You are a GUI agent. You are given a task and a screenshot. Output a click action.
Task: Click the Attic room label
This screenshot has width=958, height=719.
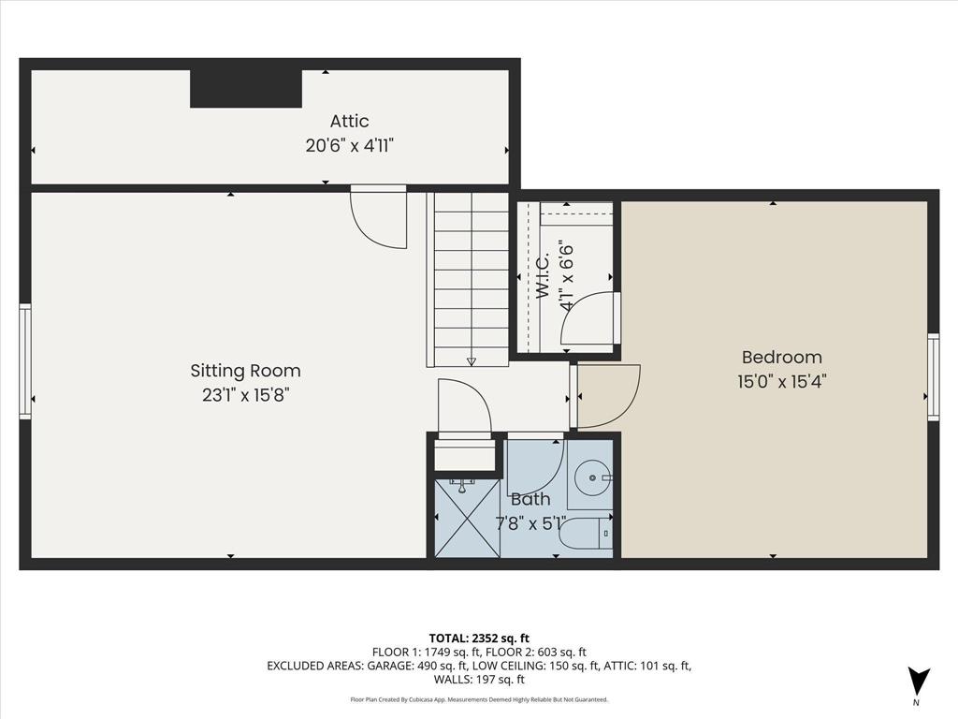(x=349, y=121)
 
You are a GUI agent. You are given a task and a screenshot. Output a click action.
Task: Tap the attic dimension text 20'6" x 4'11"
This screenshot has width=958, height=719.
(x=349, y=145)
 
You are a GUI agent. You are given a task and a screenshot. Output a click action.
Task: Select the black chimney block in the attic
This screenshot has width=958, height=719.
(x=246, y=88)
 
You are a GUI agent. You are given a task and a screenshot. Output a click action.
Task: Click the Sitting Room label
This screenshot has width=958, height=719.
(x=245, y=371)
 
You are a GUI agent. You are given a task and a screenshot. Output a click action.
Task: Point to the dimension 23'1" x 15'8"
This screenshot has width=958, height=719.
(x=245, y=395)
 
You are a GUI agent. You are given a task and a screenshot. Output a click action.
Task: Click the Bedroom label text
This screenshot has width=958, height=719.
(x=781, y=357)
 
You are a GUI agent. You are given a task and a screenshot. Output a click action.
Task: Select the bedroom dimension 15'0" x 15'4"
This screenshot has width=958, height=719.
(x=781, y=381)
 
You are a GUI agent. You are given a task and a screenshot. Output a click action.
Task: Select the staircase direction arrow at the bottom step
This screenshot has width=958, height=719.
(x=471, y=360)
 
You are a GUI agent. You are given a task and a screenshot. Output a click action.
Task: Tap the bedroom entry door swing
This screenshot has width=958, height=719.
(x=606, y=393)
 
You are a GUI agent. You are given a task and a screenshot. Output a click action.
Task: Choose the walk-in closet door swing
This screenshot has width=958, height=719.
(x=589, y=318)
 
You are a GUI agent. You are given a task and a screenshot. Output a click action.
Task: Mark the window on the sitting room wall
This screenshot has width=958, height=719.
(x=25, y=360)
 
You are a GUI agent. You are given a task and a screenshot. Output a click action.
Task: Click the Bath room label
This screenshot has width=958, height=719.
(x=530, y=500)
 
